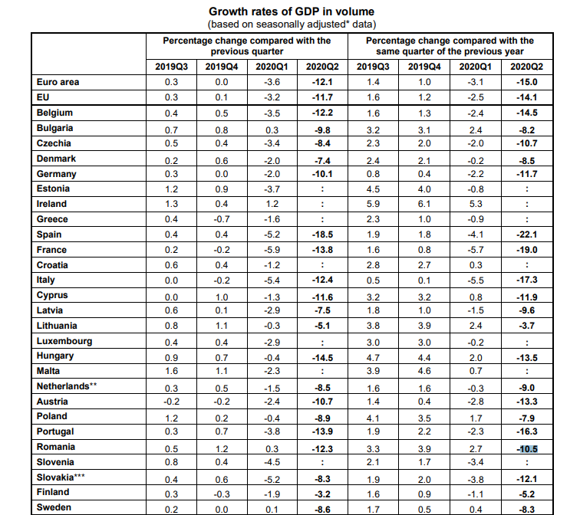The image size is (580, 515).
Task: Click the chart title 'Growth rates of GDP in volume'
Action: click(292, 11)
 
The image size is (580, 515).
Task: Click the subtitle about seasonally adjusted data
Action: click(292, 25)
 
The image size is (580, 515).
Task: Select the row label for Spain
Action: click(49, 235)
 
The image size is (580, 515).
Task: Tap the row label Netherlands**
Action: click(67, 386)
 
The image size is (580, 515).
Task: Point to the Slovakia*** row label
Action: click(61, 477)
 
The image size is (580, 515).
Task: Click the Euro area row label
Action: click(58, 82)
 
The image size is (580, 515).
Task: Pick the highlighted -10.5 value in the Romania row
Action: click(527, 449)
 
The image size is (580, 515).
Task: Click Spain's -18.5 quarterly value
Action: click(322, 235)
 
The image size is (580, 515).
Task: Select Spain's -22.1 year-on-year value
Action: click(527, 235)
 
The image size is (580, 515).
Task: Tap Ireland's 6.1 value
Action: click(424, 204)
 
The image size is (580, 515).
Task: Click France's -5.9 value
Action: click(272, 250)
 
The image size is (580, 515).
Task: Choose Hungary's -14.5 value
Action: click(322, 358)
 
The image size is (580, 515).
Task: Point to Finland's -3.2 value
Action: click(322, 494)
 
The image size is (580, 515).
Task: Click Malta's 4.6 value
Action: click(424, 371)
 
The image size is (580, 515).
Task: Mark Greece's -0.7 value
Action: click(222, 219)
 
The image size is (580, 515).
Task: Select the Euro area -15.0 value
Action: click(527, 82)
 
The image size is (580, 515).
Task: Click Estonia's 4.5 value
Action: click(373, 189)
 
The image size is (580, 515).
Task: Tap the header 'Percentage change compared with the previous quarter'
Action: click(247, 46)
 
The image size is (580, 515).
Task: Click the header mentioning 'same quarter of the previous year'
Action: click(450, 46)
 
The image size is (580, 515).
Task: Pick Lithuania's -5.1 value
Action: click(322, 326)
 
